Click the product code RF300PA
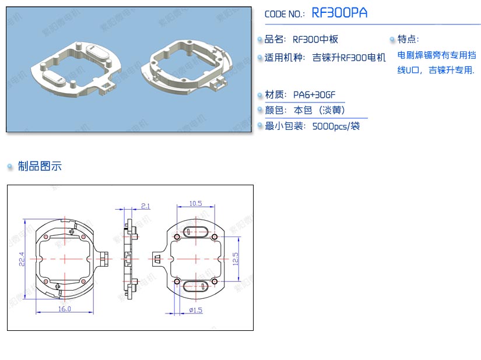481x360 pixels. [339, 13]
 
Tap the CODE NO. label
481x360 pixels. [285, 14]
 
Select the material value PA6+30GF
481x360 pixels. [314, 95]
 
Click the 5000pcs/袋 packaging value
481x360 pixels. [336, 126]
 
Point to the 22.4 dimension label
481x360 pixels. [22, 259]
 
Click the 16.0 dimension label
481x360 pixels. [64, 309]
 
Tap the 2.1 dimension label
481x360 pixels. [145, 206]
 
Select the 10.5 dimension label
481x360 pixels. [195, 203]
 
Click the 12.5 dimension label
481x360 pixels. [236, 259]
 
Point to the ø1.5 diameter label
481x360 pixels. [196, 310]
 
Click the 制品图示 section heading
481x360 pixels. [40, 166]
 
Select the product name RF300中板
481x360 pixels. [315, 39]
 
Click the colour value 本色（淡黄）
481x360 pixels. [320, 110]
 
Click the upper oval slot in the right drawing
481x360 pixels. [196, 232]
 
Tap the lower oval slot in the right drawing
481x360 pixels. [196, 286]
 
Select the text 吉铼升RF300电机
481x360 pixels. [349, 58]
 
